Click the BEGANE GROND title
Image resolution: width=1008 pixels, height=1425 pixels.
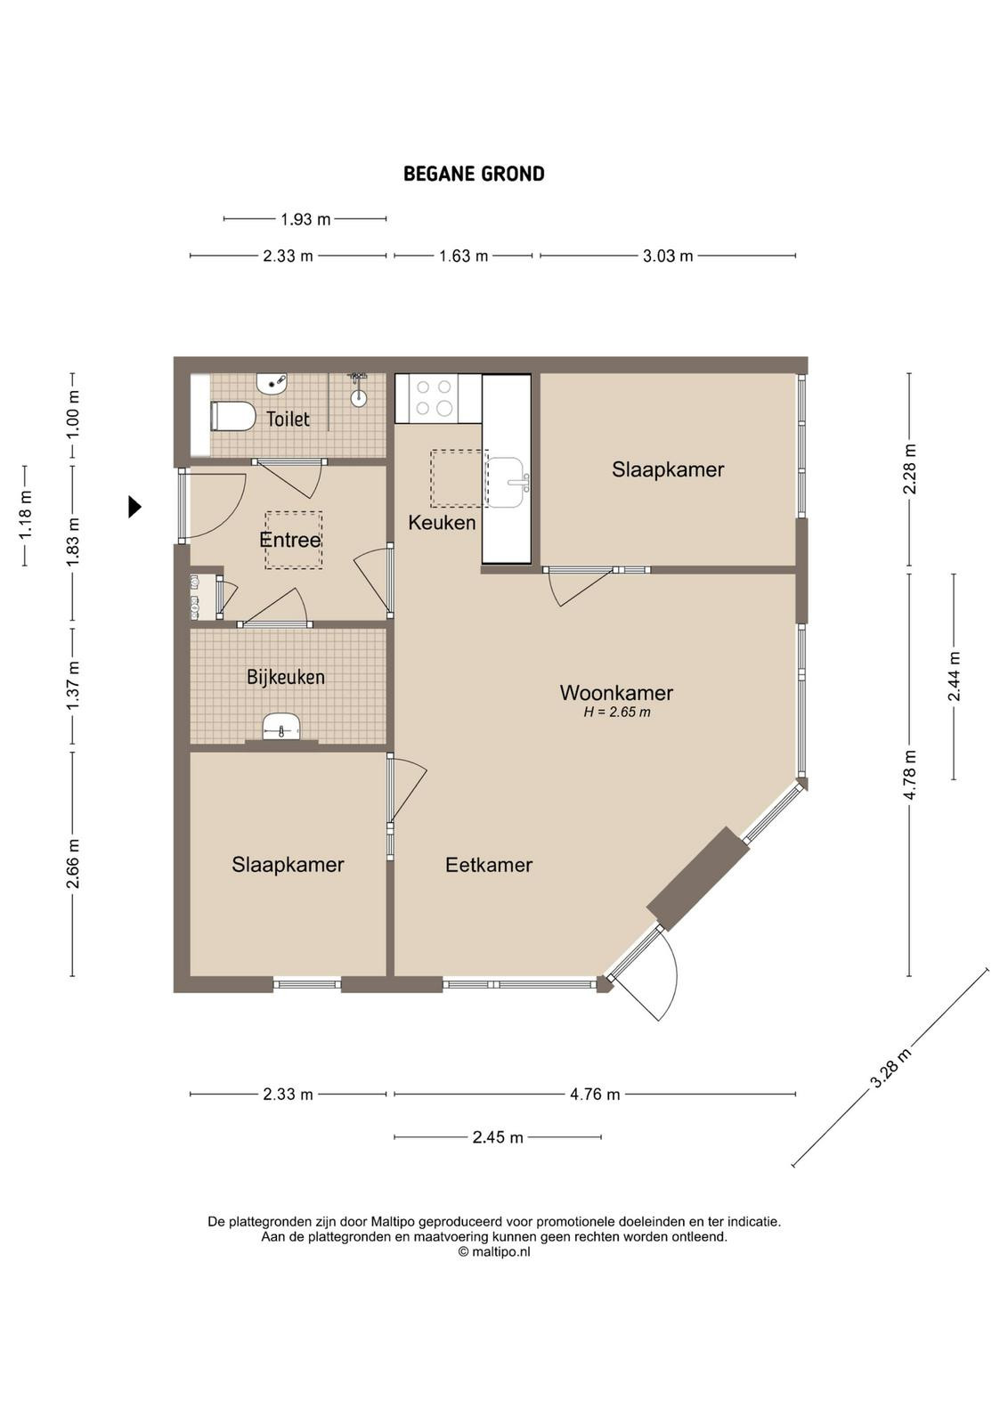[474, 174]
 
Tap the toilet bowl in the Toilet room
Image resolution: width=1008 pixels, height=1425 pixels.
[232, 417]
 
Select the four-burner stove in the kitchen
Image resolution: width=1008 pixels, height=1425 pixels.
[435, 398]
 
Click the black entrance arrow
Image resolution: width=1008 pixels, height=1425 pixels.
[134, 507]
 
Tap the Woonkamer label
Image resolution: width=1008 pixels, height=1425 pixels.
[615, 693]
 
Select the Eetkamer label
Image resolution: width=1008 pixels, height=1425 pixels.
[489, 865]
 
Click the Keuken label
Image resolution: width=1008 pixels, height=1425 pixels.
[442, 523]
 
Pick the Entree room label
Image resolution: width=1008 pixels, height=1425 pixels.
[290, 540]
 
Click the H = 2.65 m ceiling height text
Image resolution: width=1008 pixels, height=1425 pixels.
[617, 712]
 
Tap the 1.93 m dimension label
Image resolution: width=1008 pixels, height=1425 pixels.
[305, 219]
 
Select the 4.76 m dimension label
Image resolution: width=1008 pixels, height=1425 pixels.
[595, 1095]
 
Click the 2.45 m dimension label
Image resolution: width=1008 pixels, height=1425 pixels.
[498, 1136]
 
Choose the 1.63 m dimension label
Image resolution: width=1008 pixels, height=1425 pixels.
[464, 256]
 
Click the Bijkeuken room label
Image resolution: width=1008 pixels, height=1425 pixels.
[286, 677]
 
